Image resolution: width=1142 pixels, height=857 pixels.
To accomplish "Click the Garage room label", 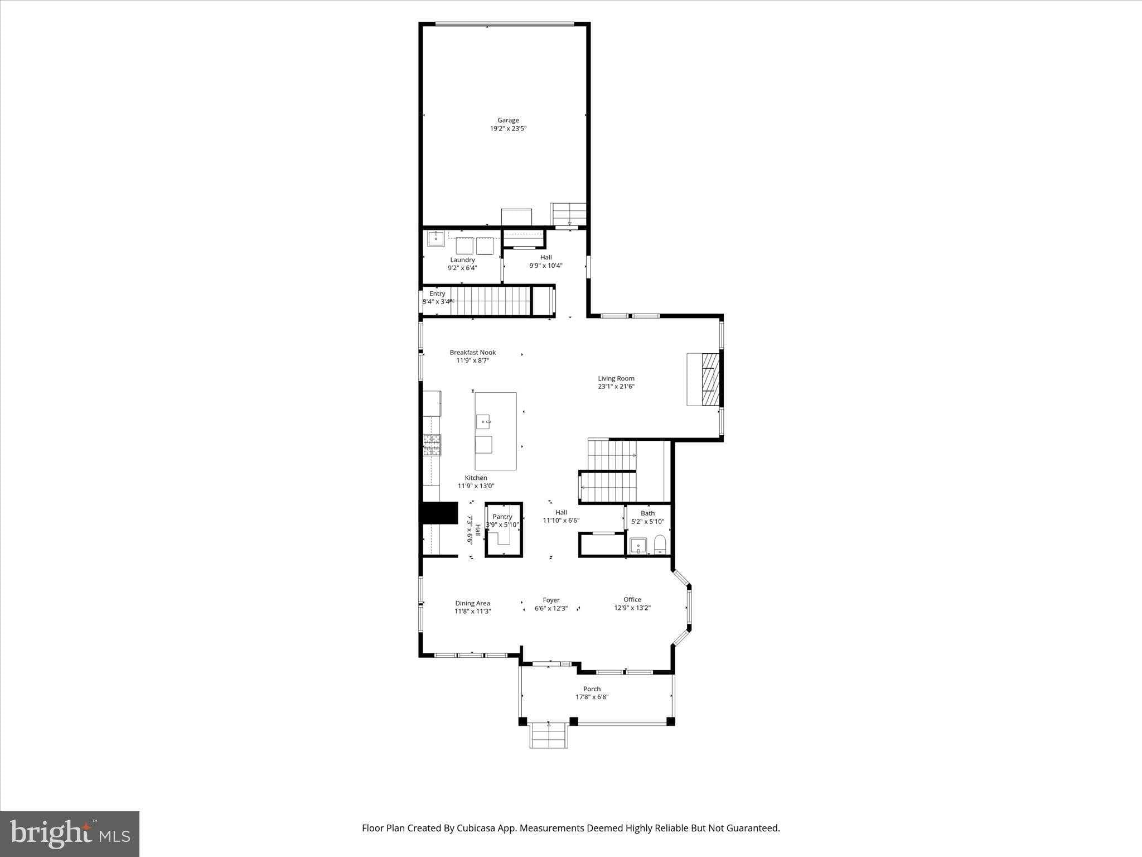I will (508, 120).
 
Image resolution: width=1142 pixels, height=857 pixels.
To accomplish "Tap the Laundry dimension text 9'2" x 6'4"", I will (462, 268).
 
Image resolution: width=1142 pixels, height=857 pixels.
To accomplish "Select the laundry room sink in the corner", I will (435, 239).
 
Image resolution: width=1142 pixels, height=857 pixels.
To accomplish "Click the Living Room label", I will (616, 378).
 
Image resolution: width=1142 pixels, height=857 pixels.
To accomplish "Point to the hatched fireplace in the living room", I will (710, 379).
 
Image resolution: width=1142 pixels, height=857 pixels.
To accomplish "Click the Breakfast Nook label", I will (473, 352).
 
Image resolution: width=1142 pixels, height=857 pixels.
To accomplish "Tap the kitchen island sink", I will (483, 421).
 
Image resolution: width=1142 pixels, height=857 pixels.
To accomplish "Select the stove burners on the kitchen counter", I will (432, 445).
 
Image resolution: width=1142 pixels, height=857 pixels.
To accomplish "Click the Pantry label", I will (502, 517).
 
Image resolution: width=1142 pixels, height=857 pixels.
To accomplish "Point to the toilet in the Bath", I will (660, 543).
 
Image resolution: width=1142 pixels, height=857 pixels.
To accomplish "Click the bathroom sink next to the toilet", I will (638, 546).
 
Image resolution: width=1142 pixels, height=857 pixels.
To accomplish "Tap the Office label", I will (632, 599).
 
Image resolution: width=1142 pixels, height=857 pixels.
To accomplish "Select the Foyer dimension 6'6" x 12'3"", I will (551, 609).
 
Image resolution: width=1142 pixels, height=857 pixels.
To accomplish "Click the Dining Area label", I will (472, 603).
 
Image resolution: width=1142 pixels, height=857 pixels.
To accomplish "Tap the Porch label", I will (592, 689).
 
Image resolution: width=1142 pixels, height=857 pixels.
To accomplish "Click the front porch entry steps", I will (549, 735).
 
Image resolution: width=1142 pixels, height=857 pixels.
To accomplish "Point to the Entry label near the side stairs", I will (437, 293).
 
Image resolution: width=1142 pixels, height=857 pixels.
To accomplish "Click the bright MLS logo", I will (70, 834).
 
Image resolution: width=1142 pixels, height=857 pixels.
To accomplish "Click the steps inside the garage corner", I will (568, 214).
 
